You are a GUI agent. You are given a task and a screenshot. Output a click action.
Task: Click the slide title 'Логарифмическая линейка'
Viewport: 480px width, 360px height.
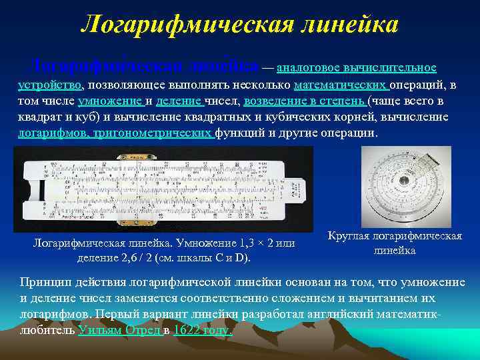tap(239, 25)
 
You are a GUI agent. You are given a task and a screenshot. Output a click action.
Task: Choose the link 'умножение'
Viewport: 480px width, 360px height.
tap(111, 101)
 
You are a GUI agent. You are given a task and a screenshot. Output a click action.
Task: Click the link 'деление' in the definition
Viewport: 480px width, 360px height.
tap(181, 101)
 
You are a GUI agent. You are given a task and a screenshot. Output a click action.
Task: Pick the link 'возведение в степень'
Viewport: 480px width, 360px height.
tap(304, 101)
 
